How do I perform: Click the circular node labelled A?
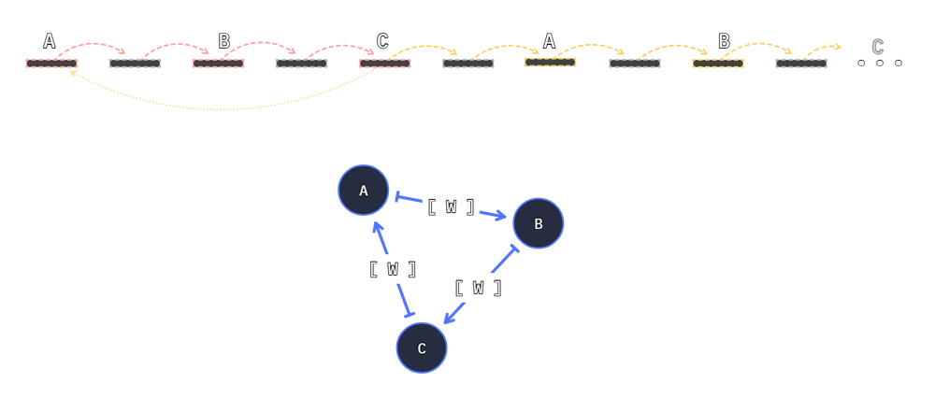click(364, 192)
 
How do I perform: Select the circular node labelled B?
click(538, 224)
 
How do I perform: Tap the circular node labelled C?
click(422, 348)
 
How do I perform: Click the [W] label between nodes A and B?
click(451, 206)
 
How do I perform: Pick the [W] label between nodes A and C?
click(393, 269)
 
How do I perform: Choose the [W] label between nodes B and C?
click(477, 288)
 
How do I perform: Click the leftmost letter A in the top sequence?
click(50, 41)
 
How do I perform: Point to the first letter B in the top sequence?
click(223, 41)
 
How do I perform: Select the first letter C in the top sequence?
click(381, 41)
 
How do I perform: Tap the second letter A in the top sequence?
click(549, 41)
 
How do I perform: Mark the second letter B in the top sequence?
click(723, 41)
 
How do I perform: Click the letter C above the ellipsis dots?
click(877, 46)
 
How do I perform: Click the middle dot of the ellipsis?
click(880, 63)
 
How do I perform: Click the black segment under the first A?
click(51, 64)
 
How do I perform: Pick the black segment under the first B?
click(218, 64)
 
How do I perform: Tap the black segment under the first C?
click(384, 64)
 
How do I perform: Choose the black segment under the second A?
click(551, 64)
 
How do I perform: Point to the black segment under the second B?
click(717, 64)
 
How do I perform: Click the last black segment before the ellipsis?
click(801, 64)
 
